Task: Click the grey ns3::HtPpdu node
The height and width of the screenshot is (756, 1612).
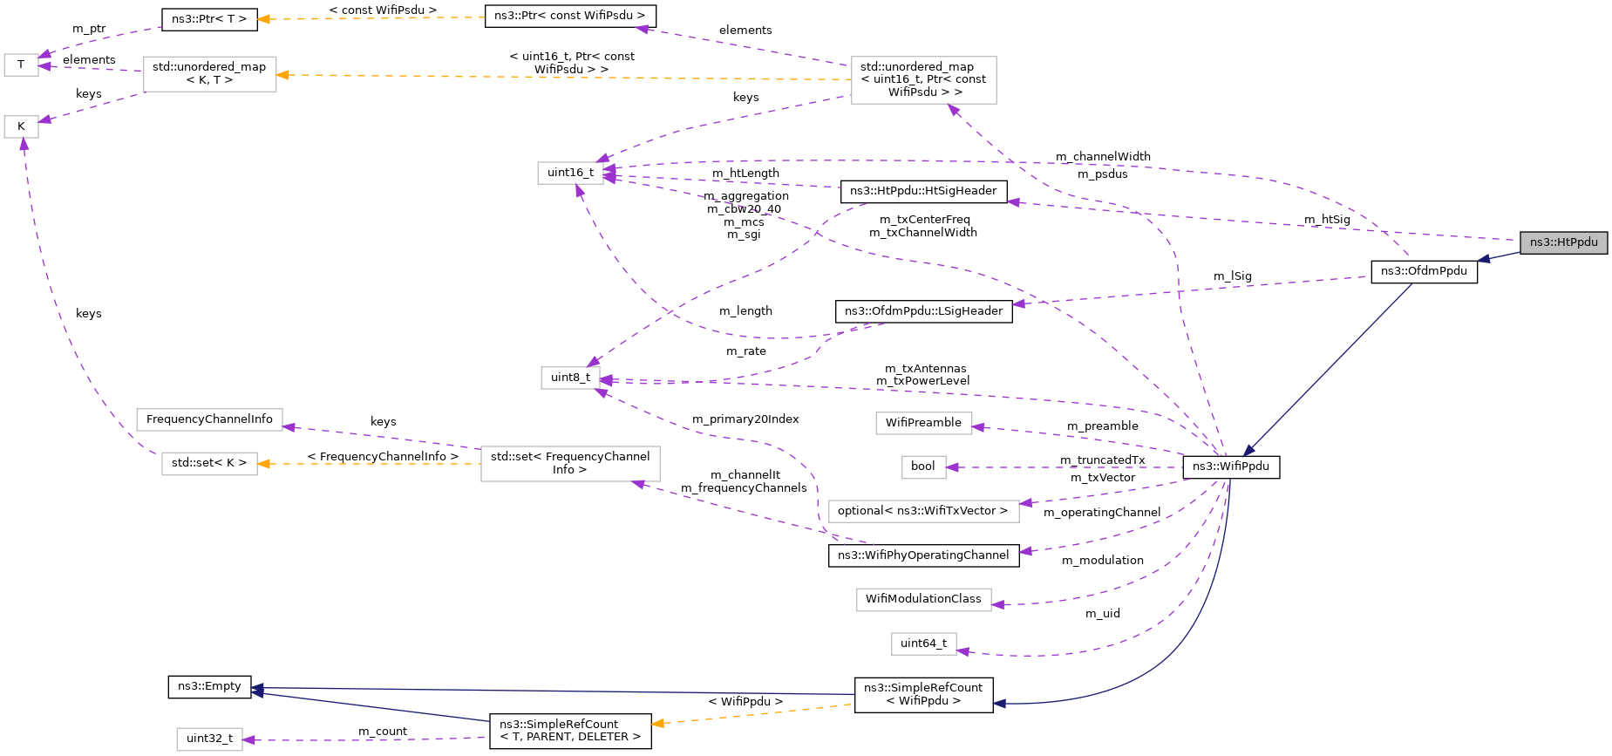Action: point(1563,242)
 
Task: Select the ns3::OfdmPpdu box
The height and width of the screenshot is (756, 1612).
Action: point(1424,271)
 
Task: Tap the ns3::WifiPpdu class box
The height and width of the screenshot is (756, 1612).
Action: point(1230,467)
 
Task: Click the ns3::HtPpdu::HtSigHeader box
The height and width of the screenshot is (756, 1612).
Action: point(923,191)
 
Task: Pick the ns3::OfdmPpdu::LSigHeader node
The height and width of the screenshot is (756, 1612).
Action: point(923,311)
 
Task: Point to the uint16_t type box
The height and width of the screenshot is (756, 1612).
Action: point(570,173)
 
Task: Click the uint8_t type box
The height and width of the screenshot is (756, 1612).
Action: point(570,378)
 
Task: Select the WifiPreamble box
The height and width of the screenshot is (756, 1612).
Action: point(923,423)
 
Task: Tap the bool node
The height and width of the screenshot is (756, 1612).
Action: point(922,467)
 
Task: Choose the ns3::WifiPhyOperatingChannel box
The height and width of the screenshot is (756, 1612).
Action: point(923,555)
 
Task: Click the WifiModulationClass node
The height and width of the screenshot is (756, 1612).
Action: point(923,599)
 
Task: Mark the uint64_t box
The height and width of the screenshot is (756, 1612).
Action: point(923,644)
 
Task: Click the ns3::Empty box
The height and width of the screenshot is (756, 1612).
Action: point(209,686)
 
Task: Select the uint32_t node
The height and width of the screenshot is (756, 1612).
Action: point(209,739)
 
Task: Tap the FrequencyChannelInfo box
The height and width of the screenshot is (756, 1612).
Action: point(209,419)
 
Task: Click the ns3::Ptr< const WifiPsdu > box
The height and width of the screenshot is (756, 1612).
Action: point(569,16)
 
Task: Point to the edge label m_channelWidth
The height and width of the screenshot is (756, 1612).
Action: point(1103,157)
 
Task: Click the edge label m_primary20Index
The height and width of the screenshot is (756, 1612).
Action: point(745,419)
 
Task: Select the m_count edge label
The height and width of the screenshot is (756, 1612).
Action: point(383,732)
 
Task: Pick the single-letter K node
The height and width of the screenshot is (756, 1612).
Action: point(21,126)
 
